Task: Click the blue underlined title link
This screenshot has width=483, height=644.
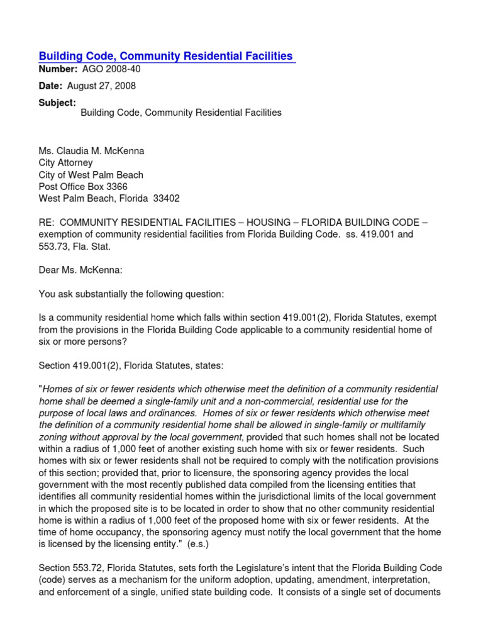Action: [167, 57]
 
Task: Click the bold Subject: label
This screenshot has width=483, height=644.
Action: [57, 103]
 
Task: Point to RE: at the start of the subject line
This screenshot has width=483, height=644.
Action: [47, 222]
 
